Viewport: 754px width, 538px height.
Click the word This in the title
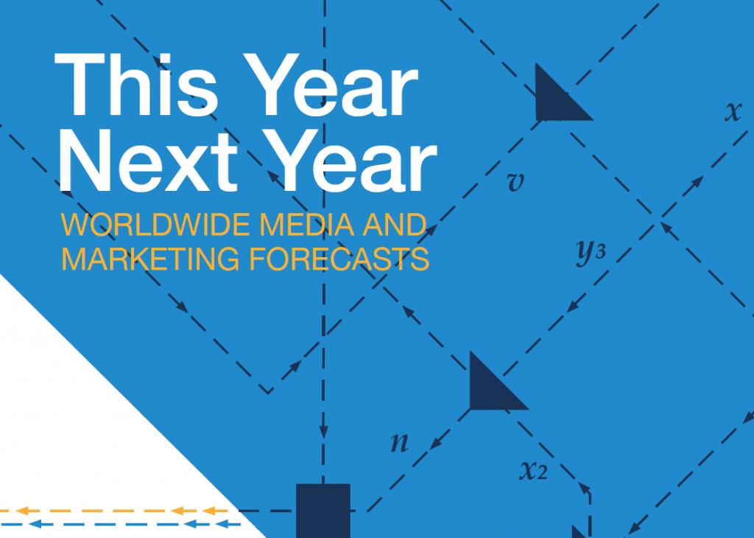[136, 85]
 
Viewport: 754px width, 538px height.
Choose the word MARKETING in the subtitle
[150, 259]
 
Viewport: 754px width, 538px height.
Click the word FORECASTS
[339, 259]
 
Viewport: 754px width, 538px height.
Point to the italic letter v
[515, 182]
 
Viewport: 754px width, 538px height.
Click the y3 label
[591, 251]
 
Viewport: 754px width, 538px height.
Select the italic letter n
[400, 442]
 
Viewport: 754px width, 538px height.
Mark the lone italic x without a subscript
[733, 111]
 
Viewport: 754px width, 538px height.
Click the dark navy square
[323, 511]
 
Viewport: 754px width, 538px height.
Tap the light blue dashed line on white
[120, 524]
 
